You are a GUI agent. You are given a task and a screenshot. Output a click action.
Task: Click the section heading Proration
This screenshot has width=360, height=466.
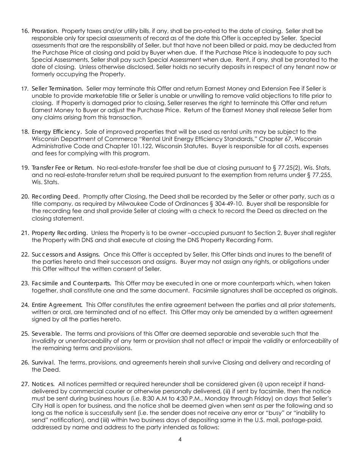pyautogui.click(x=45, y=31)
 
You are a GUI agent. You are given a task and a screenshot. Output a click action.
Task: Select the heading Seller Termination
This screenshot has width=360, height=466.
pyautogui.click(x=57, y=88)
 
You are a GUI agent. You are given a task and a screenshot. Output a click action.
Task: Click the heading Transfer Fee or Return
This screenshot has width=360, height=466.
pyautogui.click(x=63, y=168)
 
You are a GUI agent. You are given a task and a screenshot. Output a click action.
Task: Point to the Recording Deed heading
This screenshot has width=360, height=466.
pyautogui.click(x=56, y=197)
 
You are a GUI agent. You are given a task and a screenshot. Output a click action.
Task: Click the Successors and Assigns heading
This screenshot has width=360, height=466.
pyautogui.click(x=66, y=254)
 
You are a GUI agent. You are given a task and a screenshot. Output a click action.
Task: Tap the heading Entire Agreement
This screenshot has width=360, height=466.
pyautogui.click(x=57, y=305)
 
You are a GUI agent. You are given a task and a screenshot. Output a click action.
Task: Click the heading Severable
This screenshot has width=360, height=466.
pyautogui.click(x=47, y=333)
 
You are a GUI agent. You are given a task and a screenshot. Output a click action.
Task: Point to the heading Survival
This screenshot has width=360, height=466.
pyautogui.click(x=43, y=363)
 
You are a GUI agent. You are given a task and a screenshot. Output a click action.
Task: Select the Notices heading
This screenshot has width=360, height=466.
pyautogui.click(x=43, y=384)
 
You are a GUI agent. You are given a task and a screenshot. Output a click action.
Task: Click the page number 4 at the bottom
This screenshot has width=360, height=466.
pyautogui.click(x=180, y=439)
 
